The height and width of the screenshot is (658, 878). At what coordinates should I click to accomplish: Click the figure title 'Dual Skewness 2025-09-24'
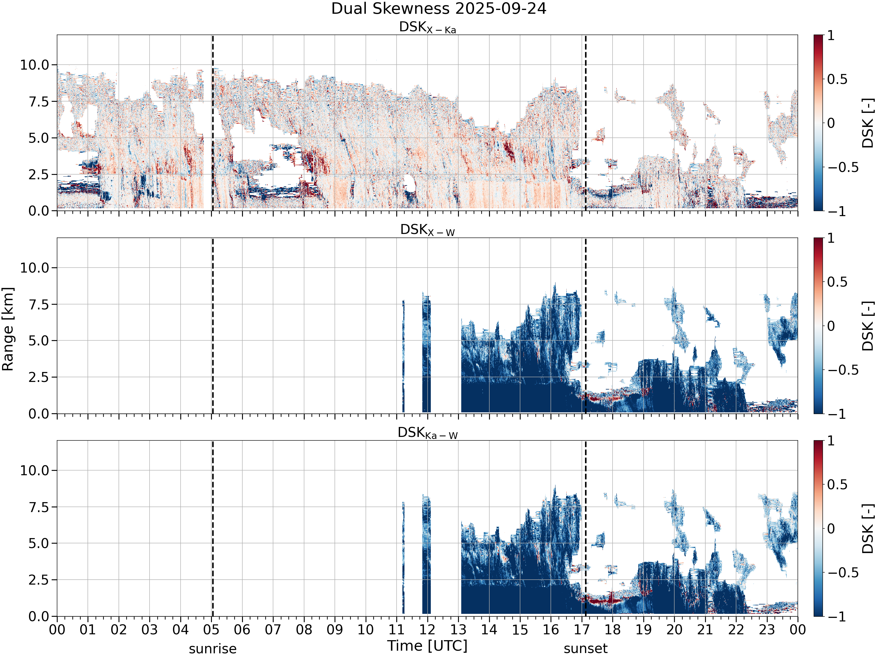pyautogui.click(x=439, y=9)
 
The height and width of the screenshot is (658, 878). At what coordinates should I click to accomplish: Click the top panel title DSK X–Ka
pyautogui.click(x=428, y=27)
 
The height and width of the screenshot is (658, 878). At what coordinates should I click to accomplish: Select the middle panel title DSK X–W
pyautogui.click(x=428, y=230)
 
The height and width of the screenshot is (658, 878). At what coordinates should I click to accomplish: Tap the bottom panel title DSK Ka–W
pyautogui.click(x=428, y=433)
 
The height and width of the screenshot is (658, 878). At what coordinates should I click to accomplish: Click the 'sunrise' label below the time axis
pyautogui.click(x=213, y=649)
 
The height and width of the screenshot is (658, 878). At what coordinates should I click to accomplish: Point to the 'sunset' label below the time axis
pyautogui.click(x=585, y=649)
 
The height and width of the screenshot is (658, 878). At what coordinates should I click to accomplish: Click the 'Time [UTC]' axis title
pyautogui.click(x=428, y=646)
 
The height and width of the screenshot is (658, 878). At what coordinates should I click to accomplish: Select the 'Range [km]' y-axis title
pyautogui.click(x=8, y=329)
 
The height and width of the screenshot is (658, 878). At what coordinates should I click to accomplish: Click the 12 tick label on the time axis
pyautogui.click(x=428, y=630)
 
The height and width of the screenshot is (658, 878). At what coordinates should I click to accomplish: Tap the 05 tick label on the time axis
pyautogui.click(x=211, y=630)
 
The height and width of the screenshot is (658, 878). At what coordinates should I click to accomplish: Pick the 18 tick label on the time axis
pyautogui.click(x=613, y=630)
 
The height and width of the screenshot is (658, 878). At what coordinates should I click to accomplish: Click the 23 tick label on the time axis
pyautogui.click(x=767, y=630)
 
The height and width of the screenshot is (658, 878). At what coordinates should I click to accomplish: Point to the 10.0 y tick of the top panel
pyautogui.click(x=35, y=65)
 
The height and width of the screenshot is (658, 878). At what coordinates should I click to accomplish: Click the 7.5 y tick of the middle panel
pyautogui.click(x=39, y=304)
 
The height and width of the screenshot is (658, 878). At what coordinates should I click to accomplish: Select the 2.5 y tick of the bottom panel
pyautogui.click(x=39, y=580)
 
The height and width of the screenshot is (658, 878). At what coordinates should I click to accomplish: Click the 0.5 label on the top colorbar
pyautogui.click(x=838, y=79)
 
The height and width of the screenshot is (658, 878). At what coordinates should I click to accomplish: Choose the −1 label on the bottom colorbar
pyautogui.click(x=837, y=616)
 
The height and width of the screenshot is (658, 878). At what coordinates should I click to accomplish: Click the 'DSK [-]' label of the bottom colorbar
pyautogui.click(x=868, y=529)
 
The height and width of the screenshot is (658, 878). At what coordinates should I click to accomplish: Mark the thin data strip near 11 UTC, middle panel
pyautogui.click(x=404, y=356)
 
